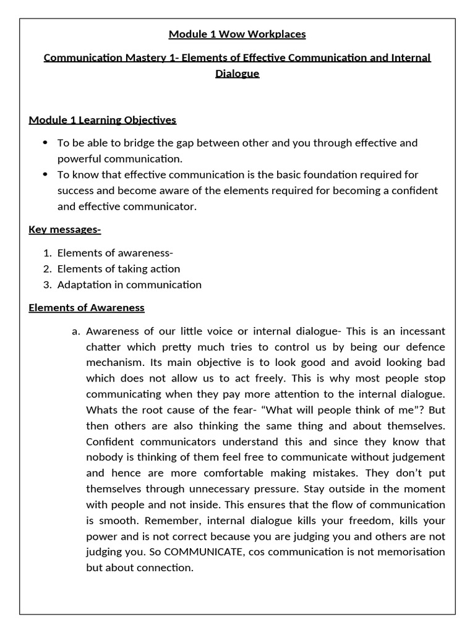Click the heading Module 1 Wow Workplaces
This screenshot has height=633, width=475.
237,34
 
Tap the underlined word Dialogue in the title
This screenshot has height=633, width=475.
237,74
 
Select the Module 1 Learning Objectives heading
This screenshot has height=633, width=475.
102,119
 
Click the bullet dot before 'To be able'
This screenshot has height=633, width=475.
45,143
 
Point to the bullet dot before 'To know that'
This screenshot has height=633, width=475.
45,175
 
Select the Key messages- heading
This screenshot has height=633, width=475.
65,230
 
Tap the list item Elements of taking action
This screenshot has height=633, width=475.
119,269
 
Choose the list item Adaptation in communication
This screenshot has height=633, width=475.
129,285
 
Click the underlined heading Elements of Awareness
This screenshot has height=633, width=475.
87,307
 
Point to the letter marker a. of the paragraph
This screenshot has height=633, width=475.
76,331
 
